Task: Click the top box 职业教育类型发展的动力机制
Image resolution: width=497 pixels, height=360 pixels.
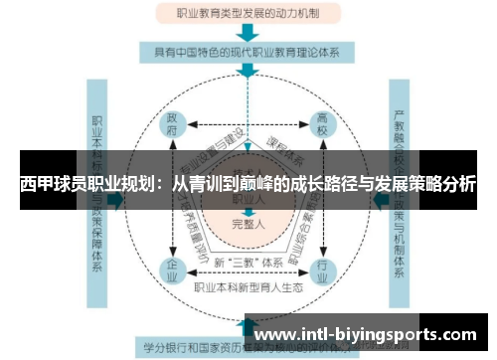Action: tap(248, 15)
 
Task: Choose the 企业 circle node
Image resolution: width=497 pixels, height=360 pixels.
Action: tap(172, 269)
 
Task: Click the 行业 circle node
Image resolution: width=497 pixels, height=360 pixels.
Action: tap(322, 269)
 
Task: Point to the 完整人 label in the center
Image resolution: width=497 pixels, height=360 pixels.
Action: tap(248, 224)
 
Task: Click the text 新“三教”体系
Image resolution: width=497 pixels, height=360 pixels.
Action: tap(248, 263)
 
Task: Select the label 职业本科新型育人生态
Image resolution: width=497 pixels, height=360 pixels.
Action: tap(248, 286)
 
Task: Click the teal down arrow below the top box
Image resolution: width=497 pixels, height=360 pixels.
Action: tap(248, 32)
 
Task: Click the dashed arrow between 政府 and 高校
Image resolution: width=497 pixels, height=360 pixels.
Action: tap(248, 123)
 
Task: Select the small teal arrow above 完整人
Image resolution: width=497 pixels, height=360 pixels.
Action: tap(248, 212)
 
